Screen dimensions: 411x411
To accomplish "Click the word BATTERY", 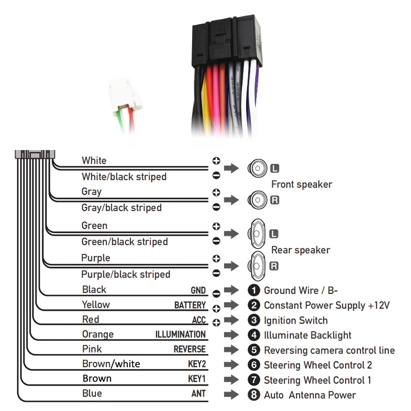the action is pyautogui.click(x=190, y=305).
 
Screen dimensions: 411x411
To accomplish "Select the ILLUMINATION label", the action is pyautogui.click(x=180, y=334).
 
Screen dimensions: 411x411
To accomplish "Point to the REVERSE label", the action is pyautogui.click(x=190, y=349).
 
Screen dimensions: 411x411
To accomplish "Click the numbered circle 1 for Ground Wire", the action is pyautogui.click(x=254, y=290).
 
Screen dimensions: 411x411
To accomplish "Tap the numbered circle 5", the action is pyautogui.click(x=254, y=350).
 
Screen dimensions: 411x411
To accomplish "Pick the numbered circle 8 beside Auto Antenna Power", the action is pyautogui.click(x=254, y=395).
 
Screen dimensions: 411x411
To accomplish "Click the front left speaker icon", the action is pyautogui.click(x=257, y=169).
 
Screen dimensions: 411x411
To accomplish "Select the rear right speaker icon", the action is pyautogui.click(x=257, y=266).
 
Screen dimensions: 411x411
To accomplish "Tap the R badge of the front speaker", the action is pyautogui.click(x=275, y=200).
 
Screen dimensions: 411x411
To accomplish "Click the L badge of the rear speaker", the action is pyautogui.click(x=274, y=234).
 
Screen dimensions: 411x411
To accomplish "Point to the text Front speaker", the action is pyautogui.click(x=302, y=184).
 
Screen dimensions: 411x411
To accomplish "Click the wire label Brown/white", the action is pyautogui.click(x=111, y=364).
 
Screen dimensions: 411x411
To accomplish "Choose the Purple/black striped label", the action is pyautogui.click(x=126, y=274).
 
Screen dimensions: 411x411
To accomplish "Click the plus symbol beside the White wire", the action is pyautogui.click(x=216, y=161).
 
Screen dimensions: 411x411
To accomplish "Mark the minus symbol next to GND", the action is pyautogui.click(x=216, y=293).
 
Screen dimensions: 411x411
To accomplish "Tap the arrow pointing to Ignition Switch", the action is pyautogui.click(x=232, y=320).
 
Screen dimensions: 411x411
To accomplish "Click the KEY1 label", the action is pyautogui.click(x=197, y=379).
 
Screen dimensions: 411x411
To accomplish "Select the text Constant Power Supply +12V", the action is pyautogui.click(x=327, y=305).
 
